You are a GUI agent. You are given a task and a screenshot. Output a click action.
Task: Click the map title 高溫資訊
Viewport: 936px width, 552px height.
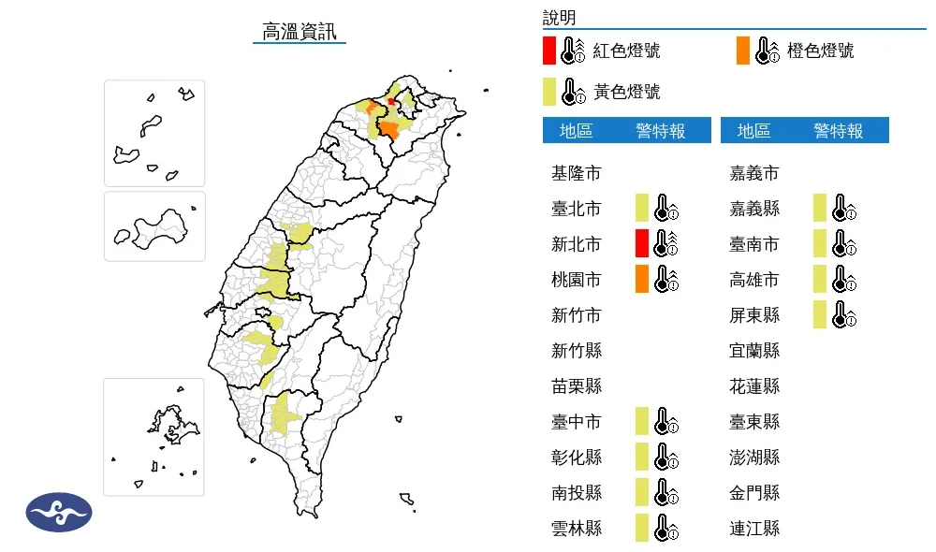[300, 31]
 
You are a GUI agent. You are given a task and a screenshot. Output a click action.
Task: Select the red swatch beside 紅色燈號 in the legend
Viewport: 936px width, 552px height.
[549, 51]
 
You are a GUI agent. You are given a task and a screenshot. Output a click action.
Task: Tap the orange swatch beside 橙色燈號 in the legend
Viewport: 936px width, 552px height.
[743, 51]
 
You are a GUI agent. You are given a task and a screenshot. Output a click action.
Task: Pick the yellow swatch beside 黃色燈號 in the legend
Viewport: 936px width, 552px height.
[549, 91]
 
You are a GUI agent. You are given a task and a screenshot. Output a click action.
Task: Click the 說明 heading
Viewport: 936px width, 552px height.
[559, 18]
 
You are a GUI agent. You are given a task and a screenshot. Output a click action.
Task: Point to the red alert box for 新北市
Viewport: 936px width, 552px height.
[641, 243]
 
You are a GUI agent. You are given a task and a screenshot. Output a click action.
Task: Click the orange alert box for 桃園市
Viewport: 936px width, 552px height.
[641, 279]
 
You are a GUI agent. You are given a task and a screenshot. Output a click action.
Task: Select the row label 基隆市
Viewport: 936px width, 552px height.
[577, 173]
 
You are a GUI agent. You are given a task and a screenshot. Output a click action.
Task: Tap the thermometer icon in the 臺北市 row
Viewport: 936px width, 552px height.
[665, 208]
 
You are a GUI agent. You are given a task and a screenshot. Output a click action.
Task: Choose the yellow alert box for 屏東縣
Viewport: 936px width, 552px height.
[820, 314]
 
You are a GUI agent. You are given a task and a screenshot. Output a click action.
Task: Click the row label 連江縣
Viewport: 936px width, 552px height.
[754, 529]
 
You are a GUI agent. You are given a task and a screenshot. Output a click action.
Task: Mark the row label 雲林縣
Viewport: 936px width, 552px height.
[577, 529]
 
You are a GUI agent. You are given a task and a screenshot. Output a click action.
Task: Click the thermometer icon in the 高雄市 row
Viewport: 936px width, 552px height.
[842, 279]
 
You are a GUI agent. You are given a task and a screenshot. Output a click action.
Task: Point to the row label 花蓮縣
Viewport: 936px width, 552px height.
[754, 386]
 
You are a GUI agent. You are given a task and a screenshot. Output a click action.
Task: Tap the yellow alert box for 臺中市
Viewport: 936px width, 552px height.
[641, 421]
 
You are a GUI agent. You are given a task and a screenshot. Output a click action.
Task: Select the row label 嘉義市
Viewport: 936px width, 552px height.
[754, 173]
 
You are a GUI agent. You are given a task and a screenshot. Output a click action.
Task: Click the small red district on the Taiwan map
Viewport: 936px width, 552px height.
[390, 101]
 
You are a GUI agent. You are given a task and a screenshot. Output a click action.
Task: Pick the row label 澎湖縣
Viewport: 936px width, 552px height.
[754, 458]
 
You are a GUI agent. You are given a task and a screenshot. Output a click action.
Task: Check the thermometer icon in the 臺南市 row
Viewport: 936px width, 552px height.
[842, 243]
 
